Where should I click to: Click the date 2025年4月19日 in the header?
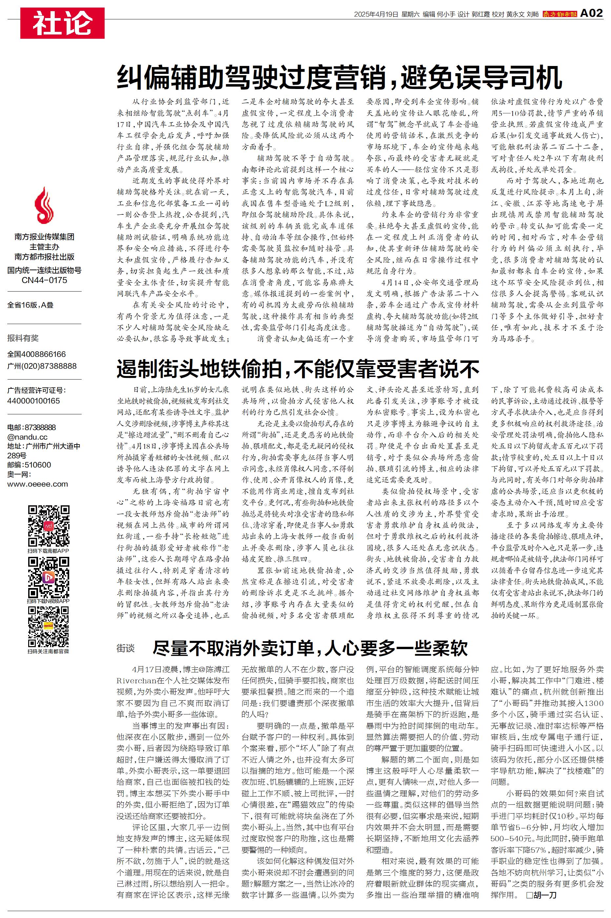pos(376,14)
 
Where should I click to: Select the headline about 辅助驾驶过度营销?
pos(339,78)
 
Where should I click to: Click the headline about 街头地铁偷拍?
pos(298,368)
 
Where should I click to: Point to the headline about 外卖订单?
pos(310,648)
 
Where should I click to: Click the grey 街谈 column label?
pos(126,648)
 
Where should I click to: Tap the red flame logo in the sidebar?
pos(44,205)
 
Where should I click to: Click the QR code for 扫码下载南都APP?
pos(48,526)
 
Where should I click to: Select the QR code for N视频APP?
pos(48,578)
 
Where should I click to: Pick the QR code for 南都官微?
pos(48,627)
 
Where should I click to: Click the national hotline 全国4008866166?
pos(37,354)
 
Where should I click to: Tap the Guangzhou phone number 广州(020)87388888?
pos(42,366)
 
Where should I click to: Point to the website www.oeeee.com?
pos(37,484)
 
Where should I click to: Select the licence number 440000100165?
pos(33,401)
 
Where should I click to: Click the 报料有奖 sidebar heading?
pos(23,338)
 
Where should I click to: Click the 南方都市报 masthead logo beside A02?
pos(560,14)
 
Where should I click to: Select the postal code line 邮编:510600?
pos(29,465)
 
